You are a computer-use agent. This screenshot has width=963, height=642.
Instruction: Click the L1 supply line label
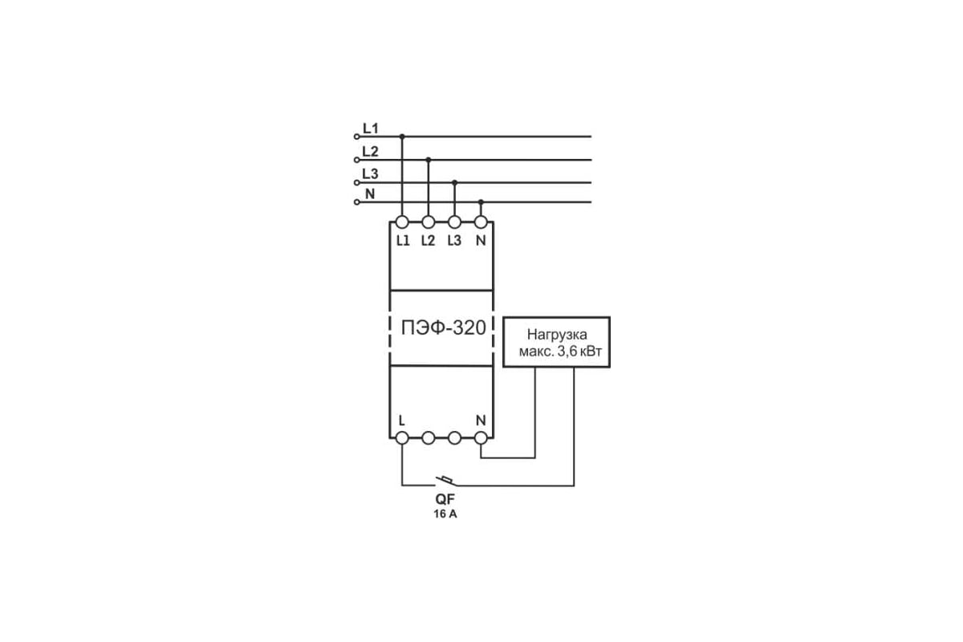click(x=371, y=128)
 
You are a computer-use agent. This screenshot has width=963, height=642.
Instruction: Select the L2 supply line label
click(x=370, y=152)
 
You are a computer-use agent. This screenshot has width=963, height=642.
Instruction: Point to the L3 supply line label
click(x=370, y=173)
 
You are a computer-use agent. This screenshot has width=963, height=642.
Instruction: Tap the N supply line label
click(x=370, y=194)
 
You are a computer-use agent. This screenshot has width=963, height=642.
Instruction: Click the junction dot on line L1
click(x=402, y=136)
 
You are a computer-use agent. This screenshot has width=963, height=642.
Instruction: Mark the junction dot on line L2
click(x=429, y=160)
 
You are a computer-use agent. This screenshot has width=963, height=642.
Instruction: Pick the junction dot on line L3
click(x=455, y=182)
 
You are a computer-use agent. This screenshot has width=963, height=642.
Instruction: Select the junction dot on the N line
click(x=481, y=201)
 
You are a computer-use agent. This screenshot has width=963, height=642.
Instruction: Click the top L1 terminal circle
click(x=402, y=221)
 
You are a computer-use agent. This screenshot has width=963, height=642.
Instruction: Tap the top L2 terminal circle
click(x=429, y=221)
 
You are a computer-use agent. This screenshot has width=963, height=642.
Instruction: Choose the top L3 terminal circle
click(x=454, y=221)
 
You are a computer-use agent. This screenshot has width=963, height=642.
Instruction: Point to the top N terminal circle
click(x=481, y=221)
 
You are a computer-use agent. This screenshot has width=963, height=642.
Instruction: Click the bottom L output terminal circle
click(x=402, y=437)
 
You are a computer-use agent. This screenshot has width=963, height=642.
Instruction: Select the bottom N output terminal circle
click(x=481, y=437)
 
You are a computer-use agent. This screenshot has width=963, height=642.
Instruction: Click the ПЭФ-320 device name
click(x=443, y=327)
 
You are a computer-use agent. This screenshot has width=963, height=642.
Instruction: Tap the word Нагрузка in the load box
click(x=557, y=334)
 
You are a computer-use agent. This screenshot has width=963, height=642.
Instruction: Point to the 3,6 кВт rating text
click(x=579, y=351)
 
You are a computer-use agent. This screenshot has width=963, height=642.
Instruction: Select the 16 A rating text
click(x=445, y=514)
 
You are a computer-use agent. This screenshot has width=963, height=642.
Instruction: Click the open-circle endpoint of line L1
click(x=356, y=136)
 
